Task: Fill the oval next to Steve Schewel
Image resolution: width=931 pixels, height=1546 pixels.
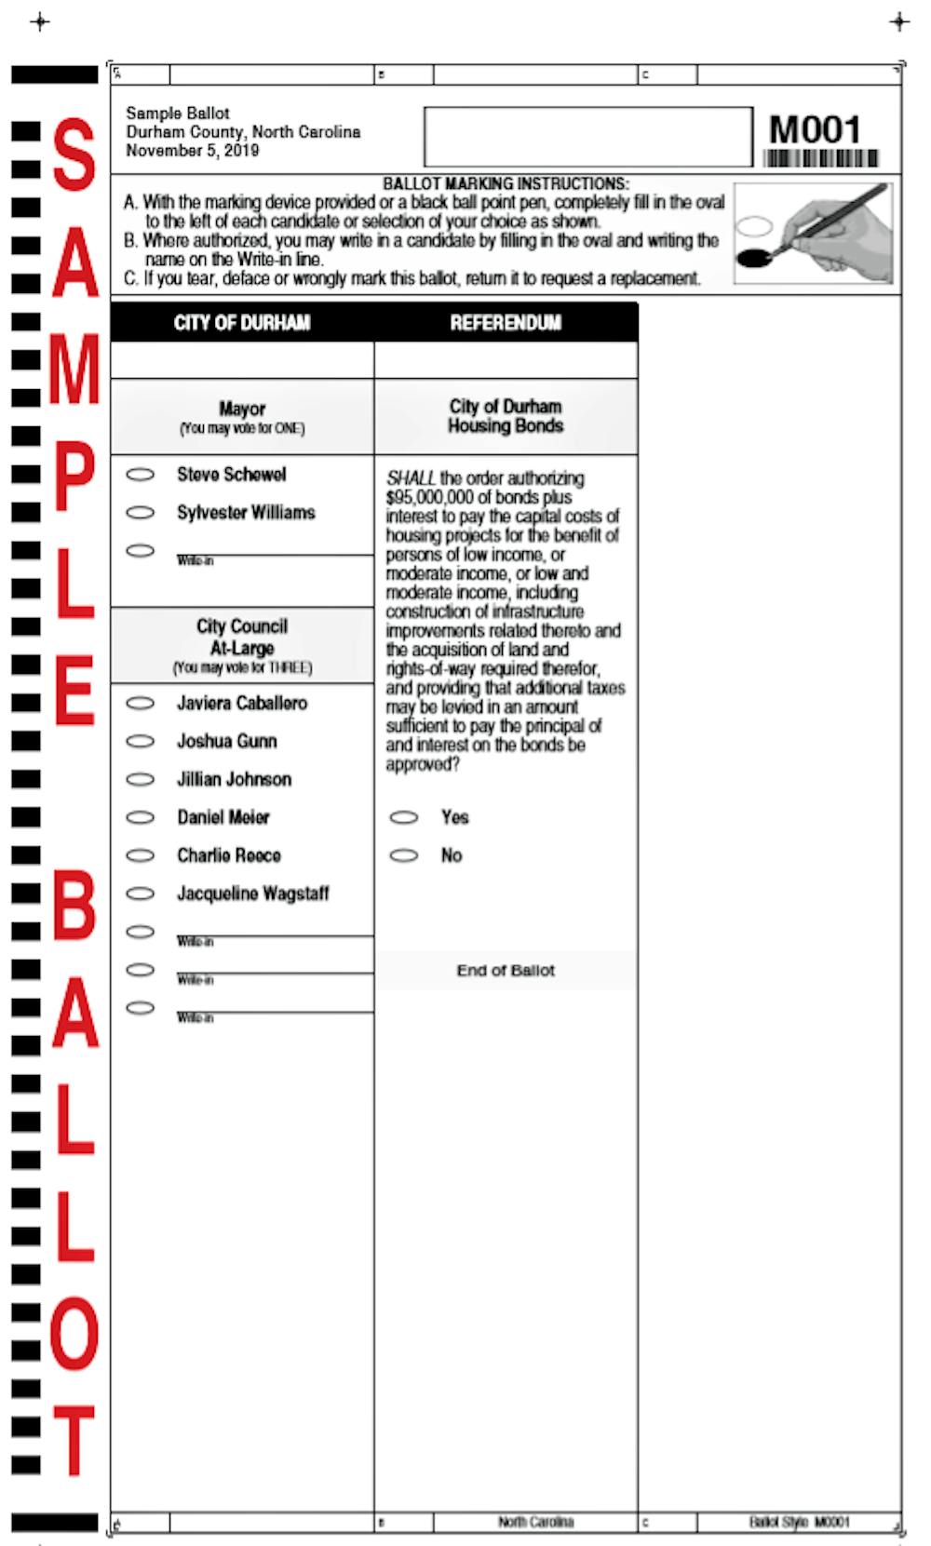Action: pyautogui.click(x=141, y=475)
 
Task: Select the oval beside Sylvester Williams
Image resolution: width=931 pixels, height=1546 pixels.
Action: pyautogui.click(x=141, y=513)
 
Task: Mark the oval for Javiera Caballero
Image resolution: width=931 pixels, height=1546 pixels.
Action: pyautogui.click(x=141, y=704)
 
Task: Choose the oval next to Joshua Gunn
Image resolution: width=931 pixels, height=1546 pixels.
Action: pyautogui.click(x=141, y=742)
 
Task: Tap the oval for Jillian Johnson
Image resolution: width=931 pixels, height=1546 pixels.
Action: pyautogui.click(x=141, y=780)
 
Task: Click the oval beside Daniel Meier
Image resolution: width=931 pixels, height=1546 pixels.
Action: pyautogui.click(x=141, y=818)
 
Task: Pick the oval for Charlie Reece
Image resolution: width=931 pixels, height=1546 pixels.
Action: pyautogui.click(x=141, y=856)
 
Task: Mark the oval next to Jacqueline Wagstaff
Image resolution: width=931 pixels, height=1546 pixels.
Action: pyautogui.click(x=141, y=894)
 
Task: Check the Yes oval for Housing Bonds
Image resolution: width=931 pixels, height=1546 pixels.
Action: pyautogui.click(x=404, y=817)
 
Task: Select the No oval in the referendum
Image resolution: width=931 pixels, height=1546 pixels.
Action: pyautogui.click(x=404, y=855)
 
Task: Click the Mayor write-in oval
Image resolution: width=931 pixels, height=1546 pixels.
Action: pyautogui.click(x=141, y=551)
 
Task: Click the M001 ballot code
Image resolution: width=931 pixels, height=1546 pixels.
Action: pyautogui.click(x=815, y=129)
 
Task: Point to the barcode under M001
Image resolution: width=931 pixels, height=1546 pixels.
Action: pyautogui.click(x=820, y=158)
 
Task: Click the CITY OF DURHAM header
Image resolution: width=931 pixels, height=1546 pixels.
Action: pyautogui.click(x=242, y=323)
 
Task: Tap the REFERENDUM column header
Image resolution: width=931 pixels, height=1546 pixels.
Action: pyautogui.click(x=506, y=323)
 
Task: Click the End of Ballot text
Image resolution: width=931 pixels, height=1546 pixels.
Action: pyautogui.click(x=506, y=971)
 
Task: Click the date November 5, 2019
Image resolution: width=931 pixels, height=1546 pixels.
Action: pyautogui.click(x=193, y=151)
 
